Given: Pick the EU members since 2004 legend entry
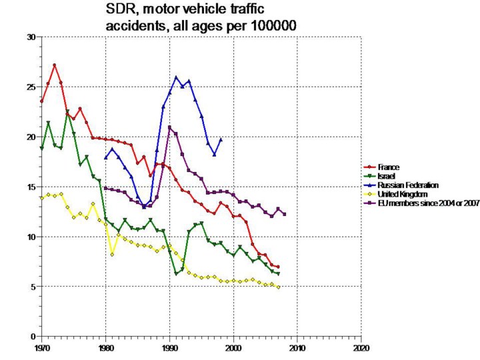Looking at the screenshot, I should click(x=427, y=202).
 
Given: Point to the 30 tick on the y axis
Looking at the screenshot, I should click(x=31, y=37).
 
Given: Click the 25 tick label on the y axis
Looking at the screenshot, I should click(x=31, y=87).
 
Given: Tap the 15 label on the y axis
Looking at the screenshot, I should click(x=31, y=187).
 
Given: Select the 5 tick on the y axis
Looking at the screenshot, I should click(x=33, y=287).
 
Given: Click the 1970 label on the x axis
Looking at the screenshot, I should click(x=41, y=348).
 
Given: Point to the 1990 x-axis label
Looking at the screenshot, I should click(x=169, y=348).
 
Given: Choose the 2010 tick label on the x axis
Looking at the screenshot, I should click(x=297, y=348).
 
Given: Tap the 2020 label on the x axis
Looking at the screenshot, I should click(x=361, y=348).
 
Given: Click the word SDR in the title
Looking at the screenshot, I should click(x=119, y=11).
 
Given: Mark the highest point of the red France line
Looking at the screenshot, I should click(x=55, y=65).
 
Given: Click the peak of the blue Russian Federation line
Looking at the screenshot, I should click(x=177, y=77).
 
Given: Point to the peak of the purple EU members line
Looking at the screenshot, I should click(x=169, y=127).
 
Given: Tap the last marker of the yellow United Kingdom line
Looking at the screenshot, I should click(x=278, y=287).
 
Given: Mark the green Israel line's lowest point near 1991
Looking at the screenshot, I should click(x=176, y=273).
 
